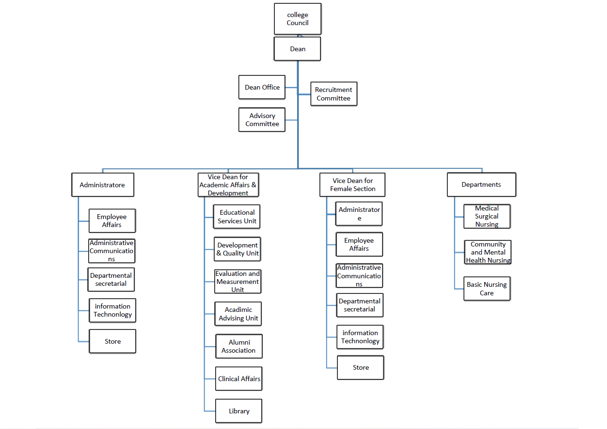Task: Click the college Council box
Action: coord(298,18)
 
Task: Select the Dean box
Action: coord(298,49)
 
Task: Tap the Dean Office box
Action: coord(262,87)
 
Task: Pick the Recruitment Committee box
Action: coord(334,94)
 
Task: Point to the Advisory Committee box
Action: coord(262,119)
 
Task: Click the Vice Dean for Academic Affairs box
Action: coord(228,185)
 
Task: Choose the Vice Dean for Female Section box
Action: coord(353,184)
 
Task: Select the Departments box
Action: coord(481,184)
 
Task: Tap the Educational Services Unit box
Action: coord(237,217)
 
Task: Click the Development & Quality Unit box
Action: coord(237,249)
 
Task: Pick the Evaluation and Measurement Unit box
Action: coord(237,282)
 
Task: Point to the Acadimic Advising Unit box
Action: coord(238,314)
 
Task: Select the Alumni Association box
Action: coord(239,346)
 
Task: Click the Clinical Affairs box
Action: coord(239,379)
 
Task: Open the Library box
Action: coord(239,411)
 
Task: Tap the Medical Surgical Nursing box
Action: coord(487,216)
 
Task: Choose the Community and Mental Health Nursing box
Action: coord(488,252)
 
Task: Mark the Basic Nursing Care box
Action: coord(487,289)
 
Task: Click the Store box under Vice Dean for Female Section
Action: coord(361,367)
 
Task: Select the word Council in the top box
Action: coord(298,23)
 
